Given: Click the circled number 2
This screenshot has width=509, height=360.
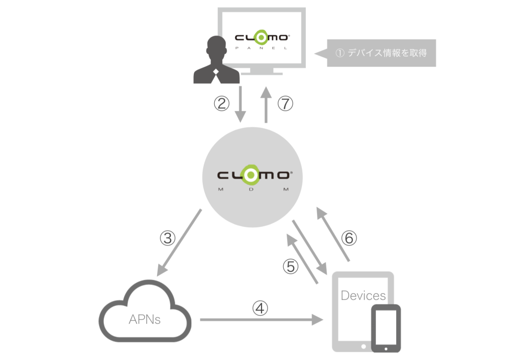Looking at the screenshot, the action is click(x=222, y=103).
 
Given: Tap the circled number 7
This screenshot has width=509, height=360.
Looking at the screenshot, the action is click(x=285, y=103).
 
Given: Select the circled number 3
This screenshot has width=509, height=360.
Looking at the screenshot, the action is click(x=168, y=238).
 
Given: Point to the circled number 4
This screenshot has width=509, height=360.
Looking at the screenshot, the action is click(x=260, y=308).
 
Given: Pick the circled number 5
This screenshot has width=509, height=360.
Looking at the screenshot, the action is click(x=290, y=267).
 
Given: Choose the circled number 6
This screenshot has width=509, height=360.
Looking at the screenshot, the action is click(x=349, y=238).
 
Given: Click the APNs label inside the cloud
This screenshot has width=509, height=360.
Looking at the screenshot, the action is click(x=145, y=319).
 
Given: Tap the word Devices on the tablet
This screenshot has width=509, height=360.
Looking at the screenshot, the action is click(x=363, y=295).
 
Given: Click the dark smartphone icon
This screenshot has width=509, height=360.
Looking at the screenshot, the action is click(x=386, y=328).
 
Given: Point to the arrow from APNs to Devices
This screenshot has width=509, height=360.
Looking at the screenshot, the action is click(x=261, y=320).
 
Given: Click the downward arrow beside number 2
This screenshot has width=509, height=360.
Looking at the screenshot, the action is click(x=240, y=104).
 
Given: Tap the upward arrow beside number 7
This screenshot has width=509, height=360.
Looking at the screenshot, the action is click(x=266, y=104).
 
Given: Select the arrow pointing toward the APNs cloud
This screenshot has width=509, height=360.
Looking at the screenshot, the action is click(x=179, y=243).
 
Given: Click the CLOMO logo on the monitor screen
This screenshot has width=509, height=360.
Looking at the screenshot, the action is click(x=262, y=38).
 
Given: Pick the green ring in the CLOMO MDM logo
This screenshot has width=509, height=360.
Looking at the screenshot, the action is click(x=251, y=176).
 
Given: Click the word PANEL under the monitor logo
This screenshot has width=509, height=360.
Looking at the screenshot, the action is click(x=261, y=48).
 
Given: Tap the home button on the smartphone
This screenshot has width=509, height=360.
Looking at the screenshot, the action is click(x=386, y=349).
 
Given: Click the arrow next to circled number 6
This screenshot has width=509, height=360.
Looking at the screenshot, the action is click(x=333, y=234).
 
